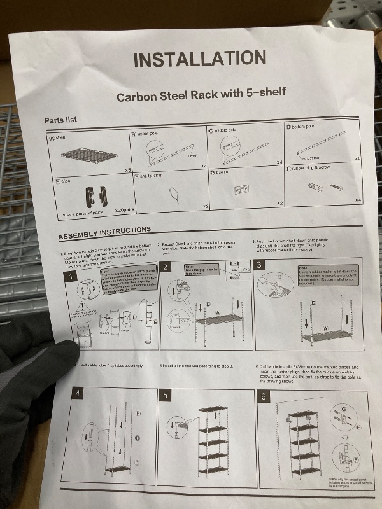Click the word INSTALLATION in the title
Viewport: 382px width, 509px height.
click(199, 59)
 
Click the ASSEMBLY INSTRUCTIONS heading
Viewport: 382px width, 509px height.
click(105, 233)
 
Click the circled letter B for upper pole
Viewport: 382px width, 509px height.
click(134, 134)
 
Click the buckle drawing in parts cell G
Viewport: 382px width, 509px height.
click(241, 190)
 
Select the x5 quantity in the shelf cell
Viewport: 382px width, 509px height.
click(127, 171)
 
